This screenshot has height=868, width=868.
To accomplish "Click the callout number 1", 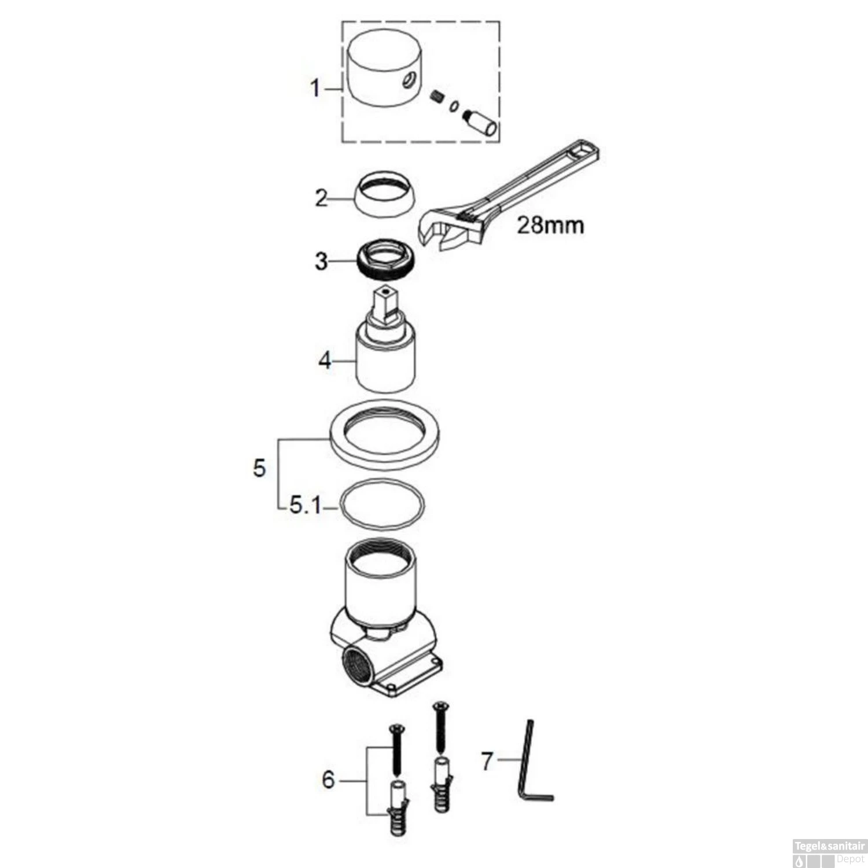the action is [315, 89].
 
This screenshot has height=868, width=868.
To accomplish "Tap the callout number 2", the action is [321, 198].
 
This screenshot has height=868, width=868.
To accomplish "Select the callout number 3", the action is [321, 262].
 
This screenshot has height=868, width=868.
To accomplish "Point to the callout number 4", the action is [325, 361].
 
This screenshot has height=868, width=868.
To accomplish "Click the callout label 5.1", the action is [305, 506].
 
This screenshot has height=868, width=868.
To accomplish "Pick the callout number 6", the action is [328, 779].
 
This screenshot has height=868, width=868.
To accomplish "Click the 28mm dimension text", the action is [550, 225].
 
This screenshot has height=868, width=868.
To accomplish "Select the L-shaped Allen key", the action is [532, 764].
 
